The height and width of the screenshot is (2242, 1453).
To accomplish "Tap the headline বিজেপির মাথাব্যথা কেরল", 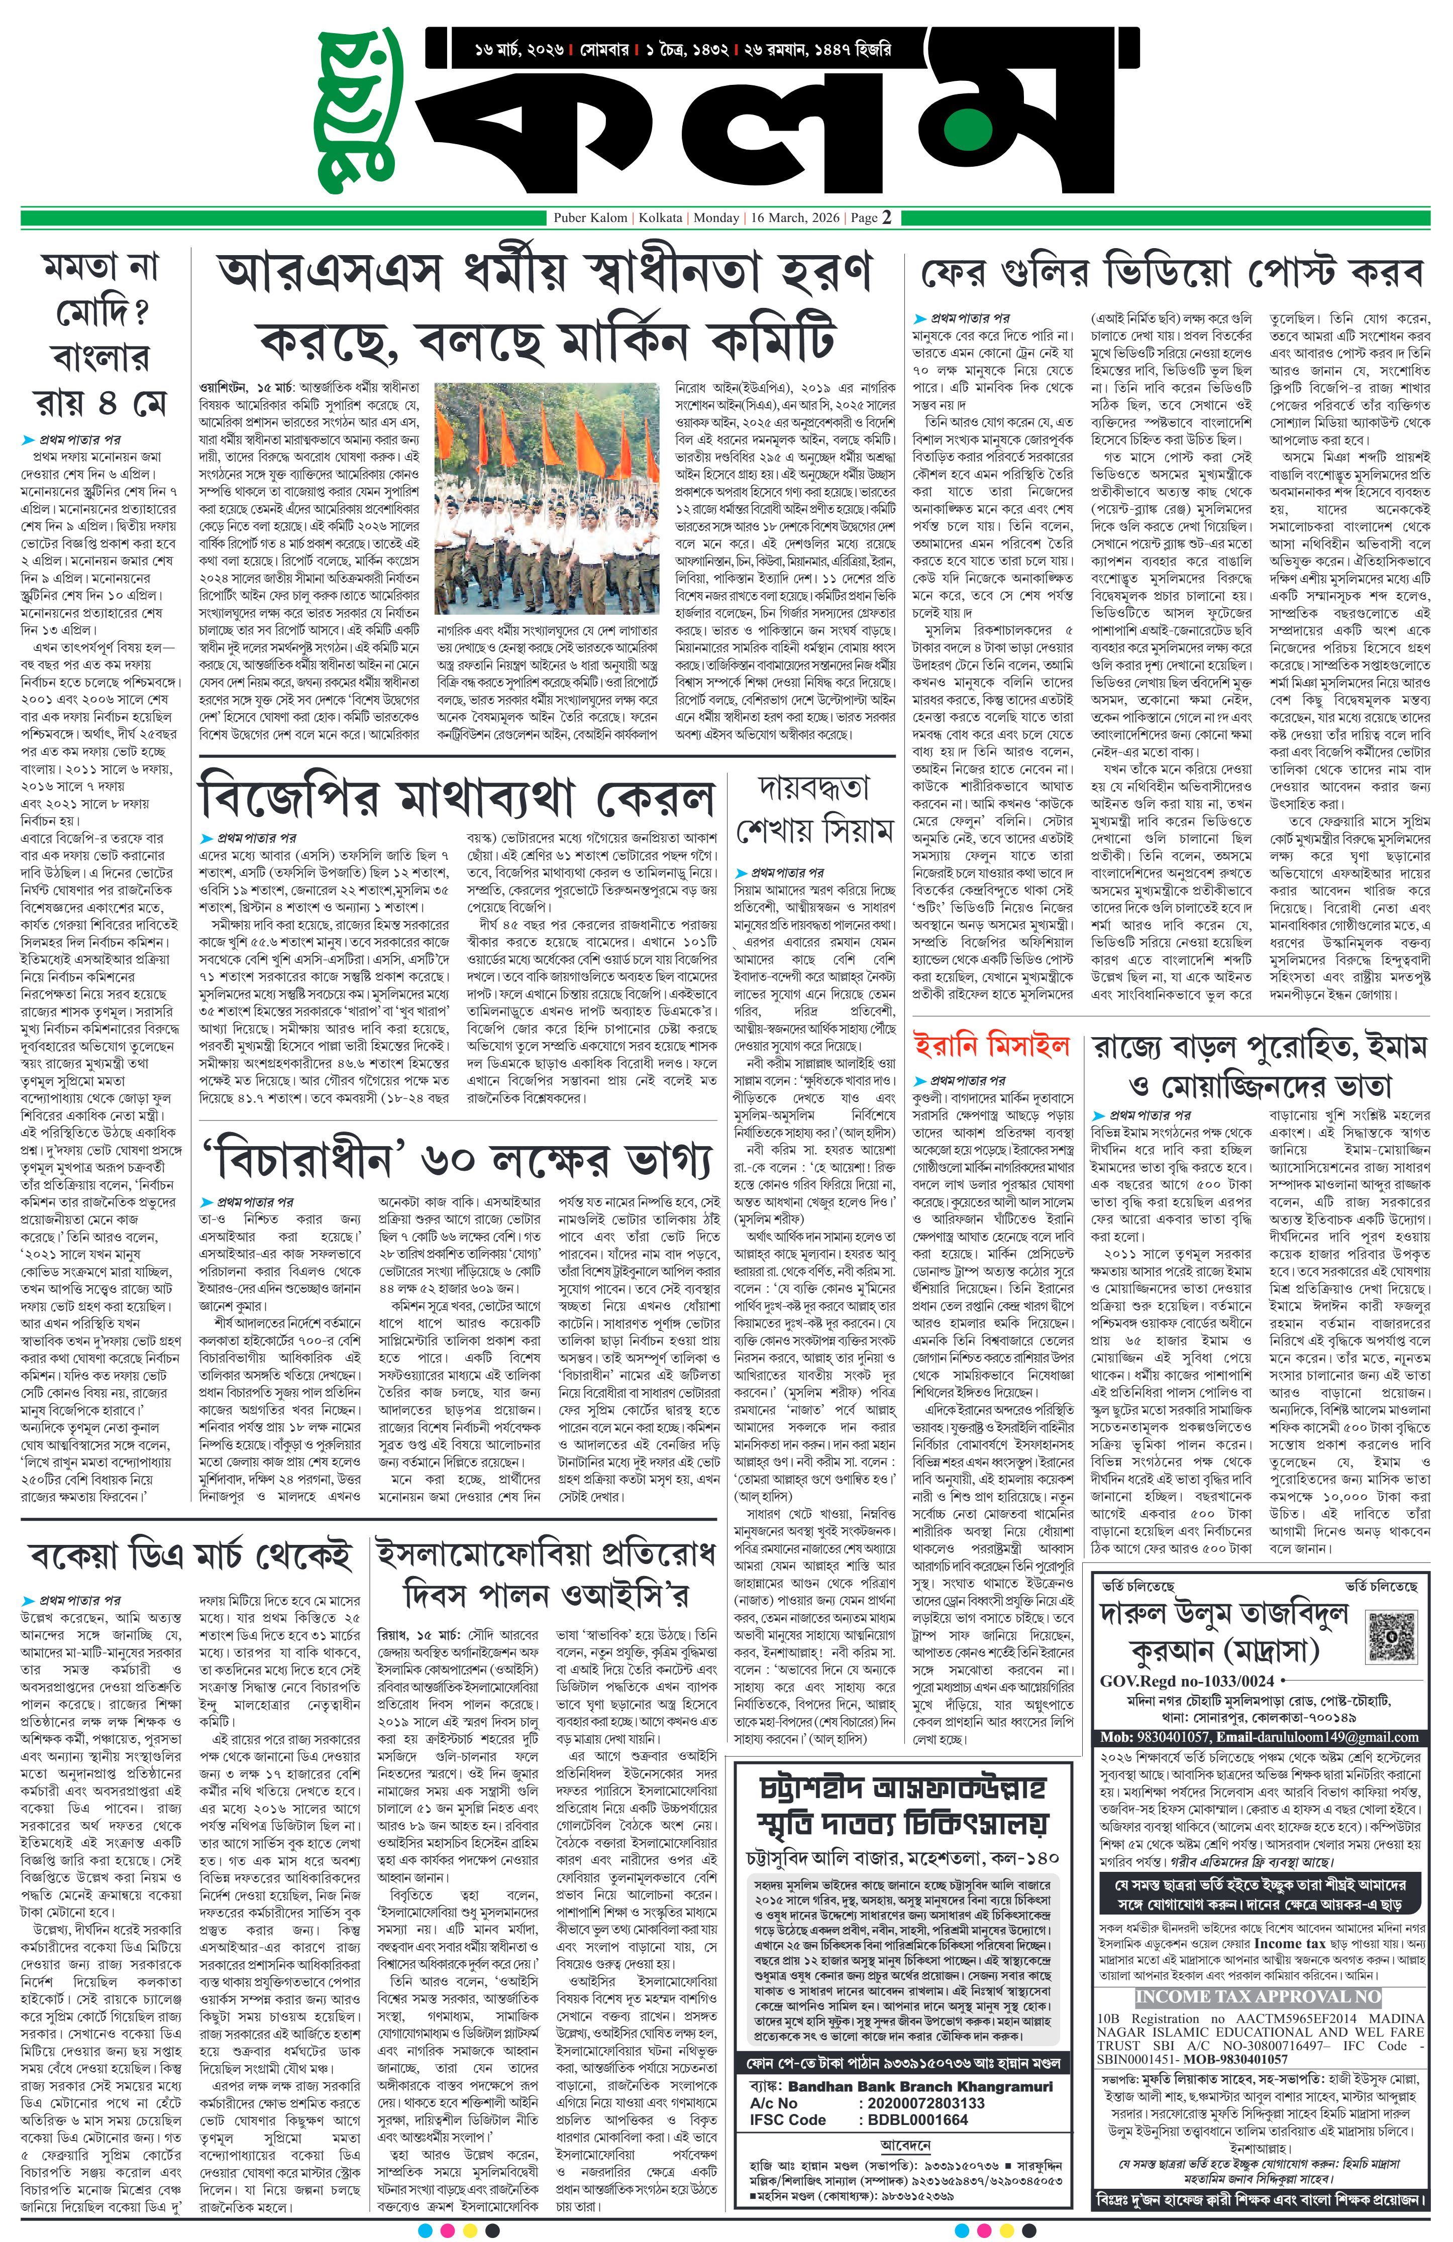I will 456,799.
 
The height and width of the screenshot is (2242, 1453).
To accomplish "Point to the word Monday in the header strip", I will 716,217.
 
